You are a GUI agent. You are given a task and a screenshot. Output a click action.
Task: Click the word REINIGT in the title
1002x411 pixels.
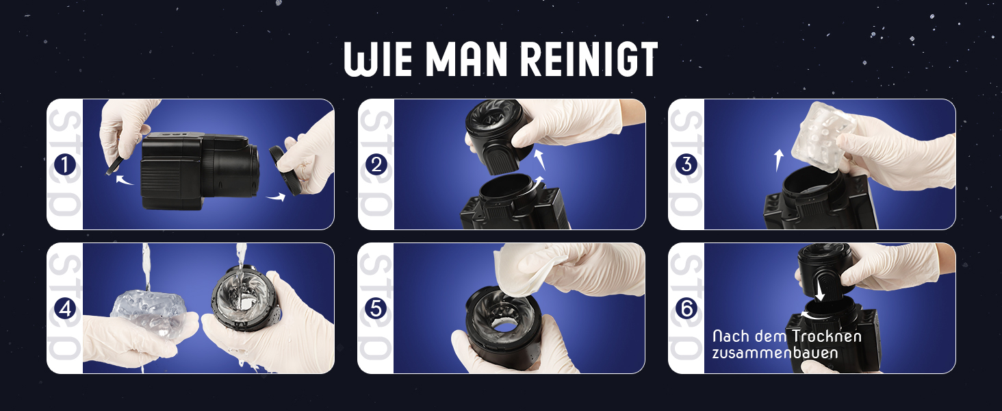click(x=589, y=60)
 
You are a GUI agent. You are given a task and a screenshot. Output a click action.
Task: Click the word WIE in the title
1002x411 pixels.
click(x=378, y=60)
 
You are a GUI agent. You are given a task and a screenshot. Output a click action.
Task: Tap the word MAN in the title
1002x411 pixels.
click(x=466, y=60)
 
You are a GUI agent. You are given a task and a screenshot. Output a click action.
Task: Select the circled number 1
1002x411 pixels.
click(x=65, y=165)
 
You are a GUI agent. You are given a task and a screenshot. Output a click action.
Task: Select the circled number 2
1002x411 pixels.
click(x=376, y=165)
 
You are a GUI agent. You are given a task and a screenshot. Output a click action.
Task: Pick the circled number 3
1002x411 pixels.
click(x=686, y=165)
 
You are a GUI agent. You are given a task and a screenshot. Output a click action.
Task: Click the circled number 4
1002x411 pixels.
click(x=65, y=308)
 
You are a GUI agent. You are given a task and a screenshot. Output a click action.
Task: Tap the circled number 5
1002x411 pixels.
click(x=376, y=308)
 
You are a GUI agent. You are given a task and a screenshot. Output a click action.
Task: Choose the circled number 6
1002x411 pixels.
click(x=686, y=308)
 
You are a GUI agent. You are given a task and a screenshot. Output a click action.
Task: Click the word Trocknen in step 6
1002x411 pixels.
click(x=826, y=336)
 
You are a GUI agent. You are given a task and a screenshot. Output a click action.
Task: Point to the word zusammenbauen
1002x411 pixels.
click(x=775, y=353)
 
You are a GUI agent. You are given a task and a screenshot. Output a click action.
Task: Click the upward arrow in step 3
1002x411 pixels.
click(x=779, y=160)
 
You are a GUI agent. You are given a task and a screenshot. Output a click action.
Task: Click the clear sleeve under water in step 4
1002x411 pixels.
click(x=149, y=308)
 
